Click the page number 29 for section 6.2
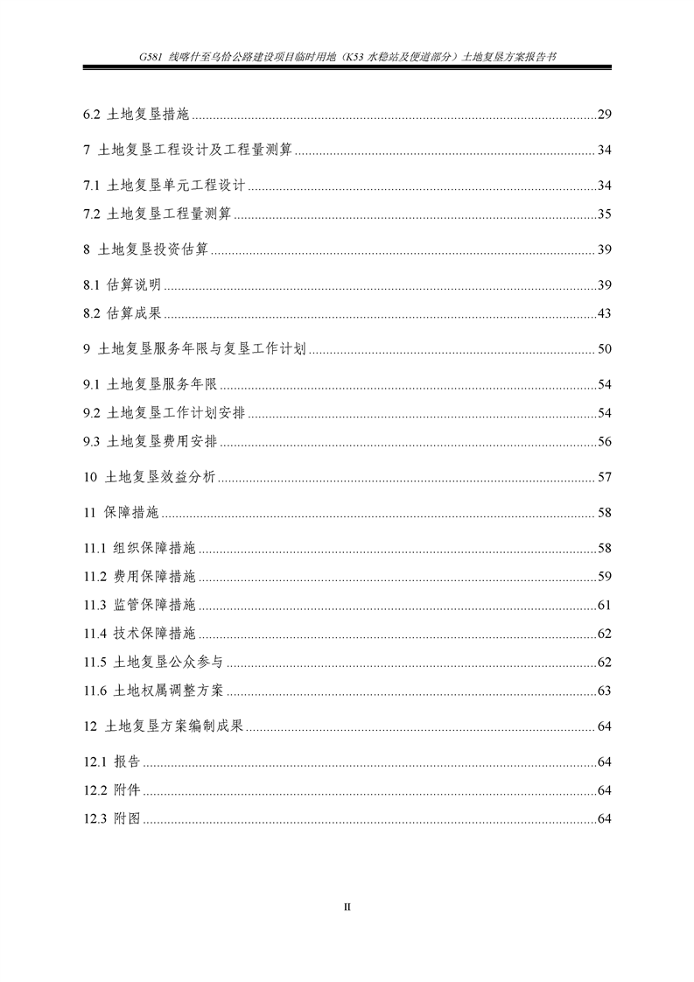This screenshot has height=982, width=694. [604, 115]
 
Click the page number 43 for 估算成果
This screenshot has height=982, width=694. [604, 314]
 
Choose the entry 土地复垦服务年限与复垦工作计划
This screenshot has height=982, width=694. [202, 349]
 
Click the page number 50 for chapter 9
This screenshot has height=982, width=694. [604, 349]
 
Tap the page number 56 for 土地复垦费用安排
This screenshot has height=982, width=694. [604, 442]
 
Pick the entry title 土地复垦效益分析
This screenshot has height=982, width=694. [160, 478]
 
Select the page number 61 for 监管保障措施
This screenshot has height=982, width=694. [604, 606]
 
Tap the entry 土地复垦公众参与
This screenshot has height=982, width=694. [168, 663]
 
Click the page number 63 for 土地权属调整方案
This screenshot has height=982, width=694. [604, 691]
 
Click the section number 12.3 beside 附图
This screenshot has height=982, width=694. [96, 819]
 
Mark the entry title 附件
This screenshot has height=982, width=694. [127, 791]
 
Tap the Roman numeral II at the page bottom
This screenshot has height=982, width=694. [347, 907]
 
